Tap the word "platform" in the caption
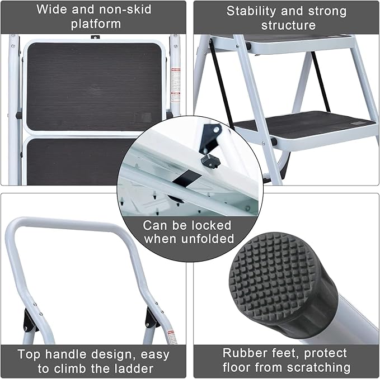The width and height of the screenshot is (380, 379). point(96,23)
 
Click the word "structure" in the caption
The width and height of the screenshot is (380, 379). point(288,25)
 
